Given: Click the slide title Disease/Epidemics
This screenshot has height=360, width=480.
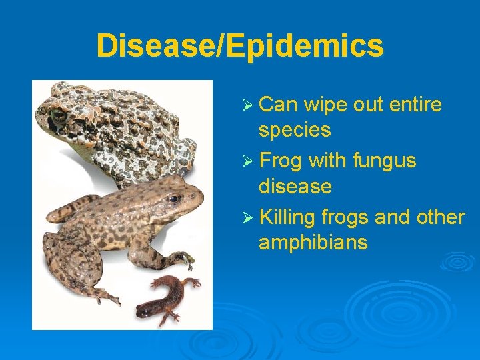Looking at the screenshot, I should click(240, 46).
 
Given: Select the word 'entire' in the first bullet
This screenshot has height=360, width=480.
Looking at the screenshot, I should click(415, 105).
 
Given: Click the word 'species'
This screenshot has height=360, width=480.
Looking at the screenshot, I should click(295, 131).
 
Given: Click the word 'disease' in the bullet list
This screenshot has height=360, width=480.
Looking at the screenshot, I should click(295, 186).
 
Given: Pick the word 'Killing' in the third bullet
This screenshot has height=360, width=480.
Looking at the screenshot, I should click(287, 218).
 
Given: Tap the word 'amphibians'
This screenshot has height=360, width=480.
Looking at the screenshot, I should click(313, 243).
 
